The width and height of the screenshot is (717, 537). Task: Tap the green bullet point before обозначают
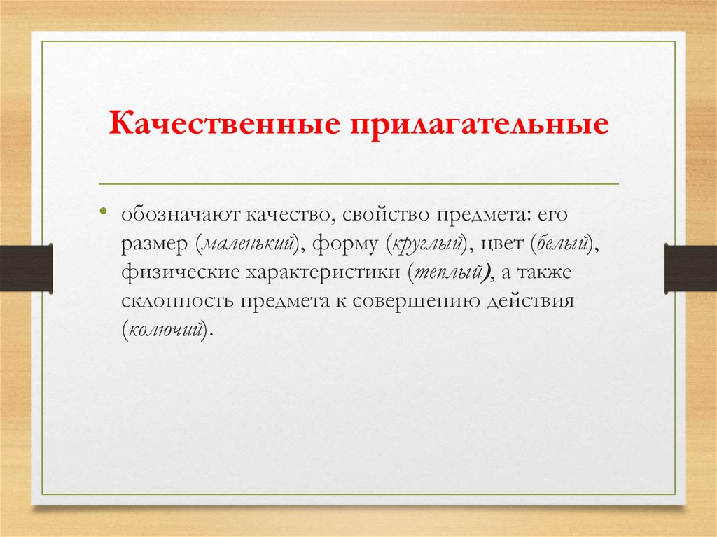pyautogui.click(x=103, y=211)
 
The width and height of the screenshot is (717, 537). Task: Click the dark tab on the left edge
pyautogui.click(x=26, y=268)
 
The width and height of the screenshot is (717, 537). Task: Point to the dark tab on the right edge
pyautogui.click(x=690, y=267)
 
